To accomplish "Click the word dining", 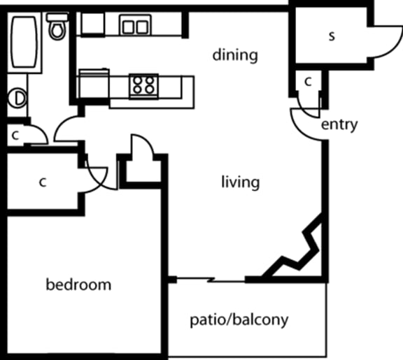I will (x=236, y=55).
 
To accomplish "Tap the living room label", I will (x=240, y=183).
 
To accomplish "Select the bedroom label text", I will (x=78, y=285).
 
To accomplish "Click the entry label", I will (x=339, y=125).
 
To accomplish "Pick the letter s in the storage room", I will (x=331, y=36).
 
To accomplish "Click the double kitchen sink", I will (x=135, y=27).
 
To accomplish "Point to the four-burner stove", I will (x=143, y=86).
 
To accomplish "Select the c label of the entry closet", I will (x=308, y=82).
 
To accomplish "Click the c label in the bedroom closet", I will (x=42, y=183).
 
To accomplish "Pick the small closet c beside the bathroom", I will (x=15, y=136).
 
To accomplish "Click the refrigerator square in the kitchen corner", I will (x=91, y=24).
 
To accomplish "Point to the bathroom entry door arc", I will (x=66, y=128).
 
